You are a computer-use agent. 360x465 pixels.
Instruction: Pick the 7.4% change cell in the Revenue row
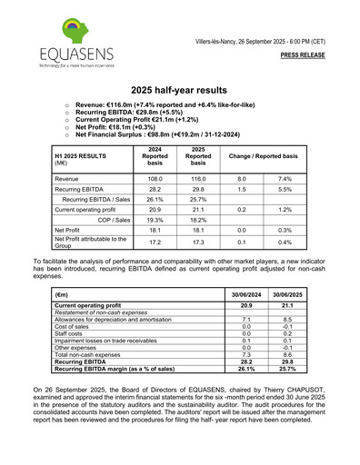[285, 180]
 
